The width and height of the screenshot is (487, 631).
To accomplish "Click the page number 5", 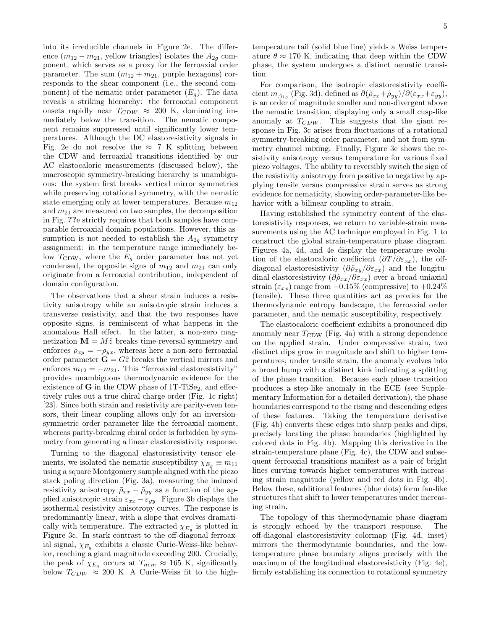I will coord(445,26).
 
